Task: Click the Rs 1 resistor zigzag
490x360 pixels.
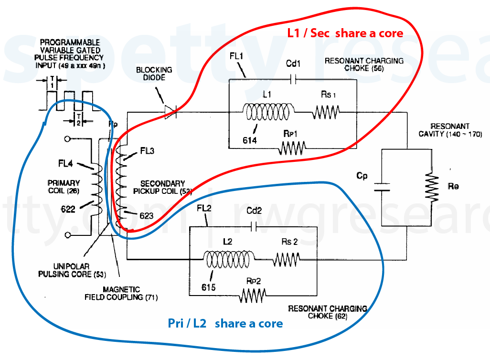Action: (x=326, y=113)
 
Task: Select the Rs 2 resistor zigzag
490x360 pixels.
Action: (x=287, y=259)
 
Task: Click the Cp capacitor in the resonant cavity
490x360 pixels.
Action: (x=381, y=186)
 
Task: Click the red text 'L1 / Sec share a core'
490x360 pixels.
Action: (x=345, y=33)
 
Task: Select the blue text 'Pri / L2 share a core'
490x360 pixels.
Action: (x=225, y=324)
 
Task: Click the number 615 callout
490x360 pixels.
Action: (x=208, y=287)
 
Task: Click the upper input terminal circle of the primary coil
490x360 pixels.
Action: (x=67, y=139)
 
